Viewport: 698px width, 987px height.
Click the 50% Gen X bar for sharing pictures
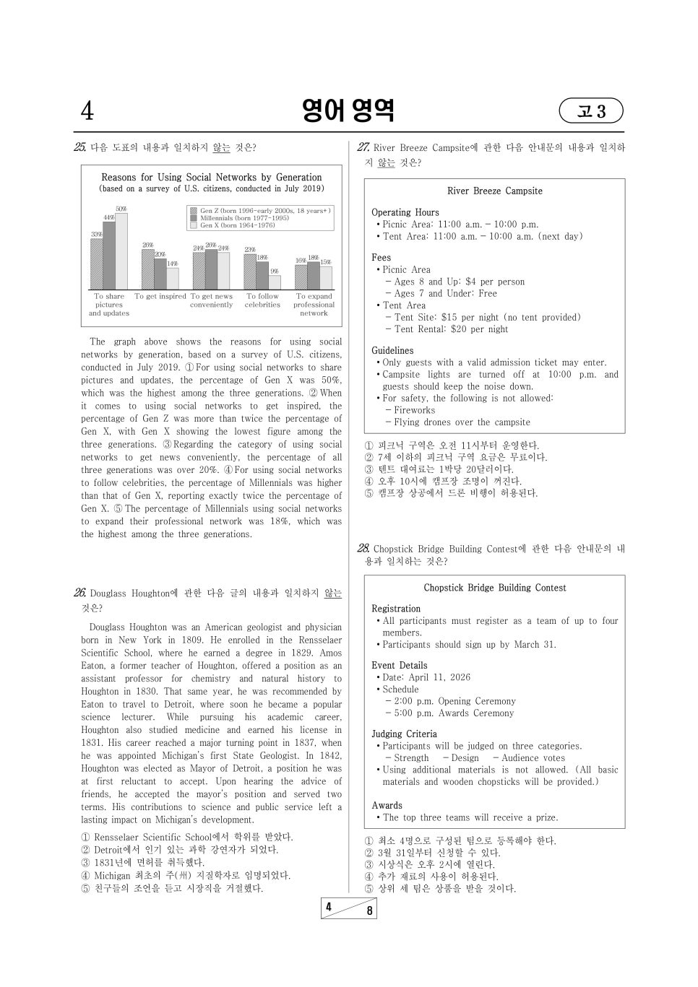121,251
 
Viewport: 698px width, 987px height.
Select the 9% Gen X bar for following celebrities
275,282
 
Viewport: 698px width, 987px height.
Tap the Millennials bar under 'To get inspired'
160,274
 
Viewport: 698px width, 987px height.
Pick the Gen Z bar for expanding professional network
301,277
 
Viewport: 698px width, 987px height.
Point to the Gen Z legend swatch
193,211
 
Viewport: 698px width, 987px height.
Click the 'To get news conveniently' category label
211,300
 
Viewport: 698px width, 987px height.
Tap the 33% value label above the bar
96,234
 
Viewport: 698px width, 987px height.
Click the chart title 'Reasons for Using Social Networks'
211,177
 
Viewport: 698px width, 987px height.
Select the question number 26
79,593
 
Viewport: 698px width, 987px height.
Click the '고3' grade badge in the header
590,111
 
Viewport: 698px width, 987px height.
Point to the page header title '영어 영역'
348,110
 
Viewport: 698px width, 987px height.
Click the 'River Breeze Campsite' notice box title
494,191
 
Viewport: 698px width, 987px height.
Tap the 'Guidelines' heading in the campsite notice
392,351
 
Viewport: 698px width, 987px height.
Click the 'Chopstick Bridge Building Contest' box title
494,588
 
